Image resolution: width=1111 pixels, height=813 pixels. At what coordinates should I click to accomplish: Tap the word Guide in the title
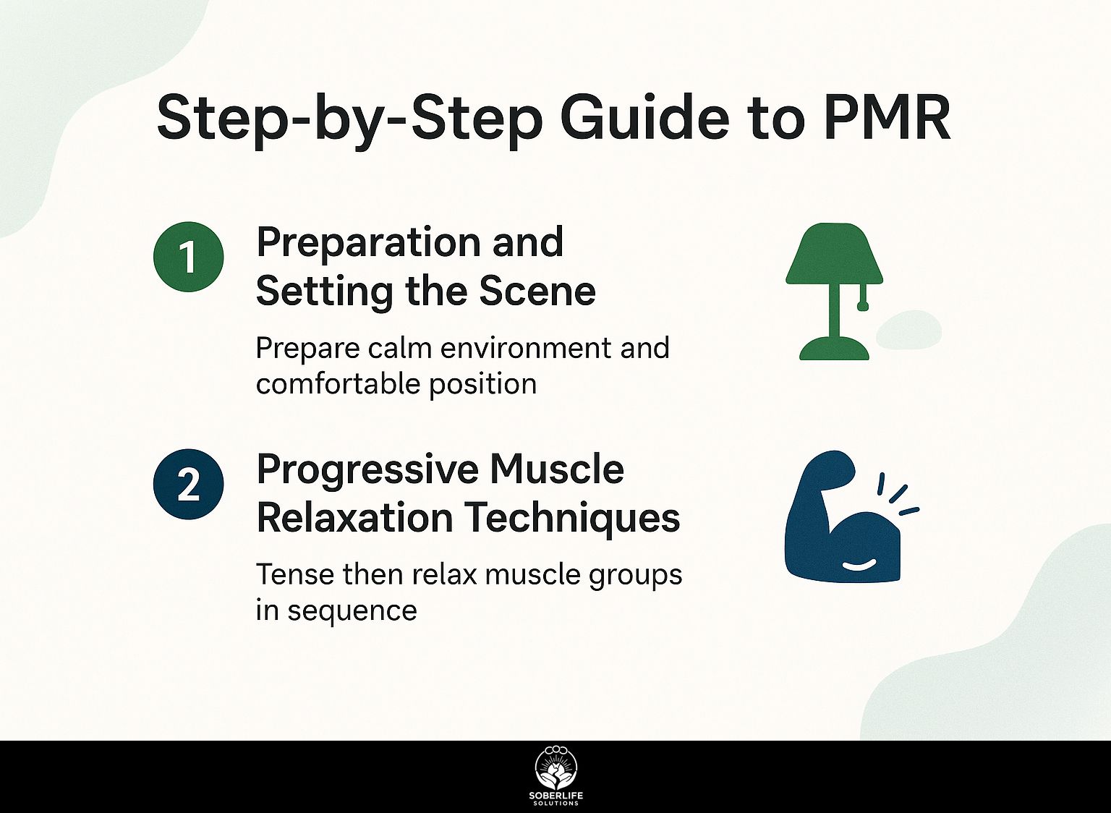(x=644, y=117)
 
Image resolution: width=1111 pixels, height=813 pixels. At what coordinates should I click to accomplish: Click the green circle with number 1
(x=189, y=257)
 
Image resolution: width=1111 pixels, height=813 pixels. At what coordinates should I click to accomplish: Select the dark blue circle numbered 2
(x=189, y=484)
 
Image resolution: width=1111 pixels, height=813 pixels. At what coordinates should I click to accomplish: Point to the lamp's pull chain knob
(x=862, y=306)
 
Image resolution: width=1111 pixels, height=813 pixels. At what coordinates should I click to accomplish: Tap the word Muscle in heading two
(x=557, y=469)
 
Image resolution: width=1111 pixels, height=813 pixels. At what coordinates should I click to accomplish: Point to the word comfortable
(x=339, y=383)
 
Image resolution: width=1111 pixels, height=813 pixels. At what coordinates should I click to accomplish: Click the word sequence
(x=352, y=610)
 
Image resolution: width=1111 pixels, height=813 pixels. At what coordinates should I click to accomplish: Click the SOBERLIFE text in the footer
(x=555, y=796)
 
